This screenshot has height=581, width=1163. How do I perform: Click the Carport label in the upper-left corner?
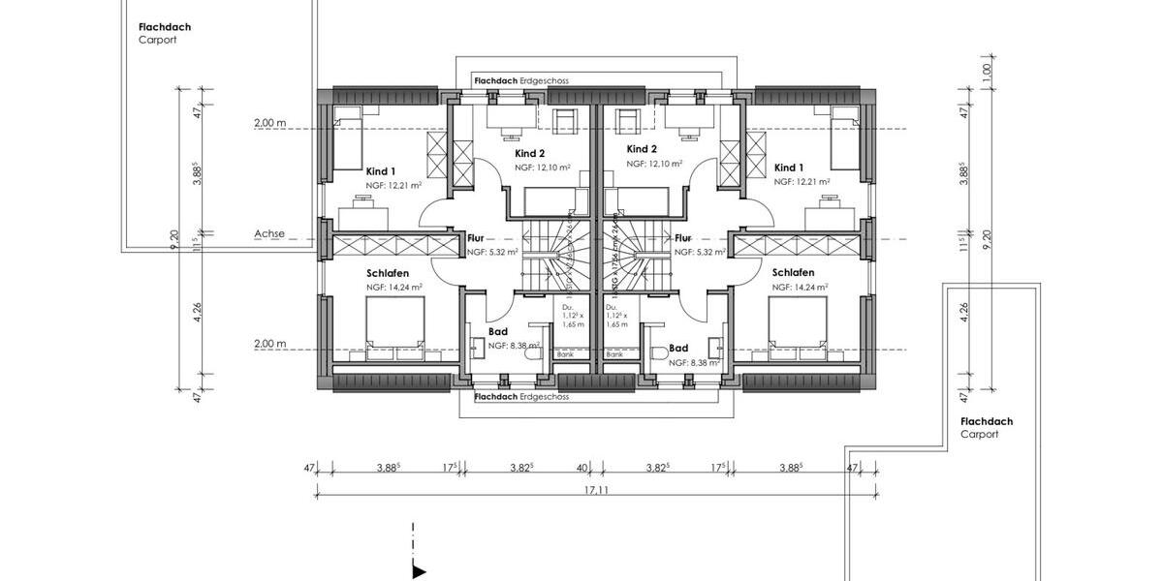tap(157, 41)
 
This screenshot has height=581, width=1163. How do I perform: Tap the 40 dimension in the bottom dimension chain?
tap(583, 468)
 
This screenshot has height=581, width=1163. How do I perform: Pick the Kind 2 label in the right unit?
tap(642, 149)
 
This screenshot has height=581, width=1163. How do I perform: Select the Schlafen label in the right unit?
tap(793, 273)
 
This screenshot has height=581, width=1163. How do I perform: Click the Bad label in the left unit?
tap(497, 330)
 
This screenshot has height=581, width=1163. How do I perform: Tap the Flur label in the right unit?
tap(683, 237)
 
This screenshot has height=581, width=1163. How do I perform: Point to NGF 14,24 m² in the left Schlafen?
tap(393, 288)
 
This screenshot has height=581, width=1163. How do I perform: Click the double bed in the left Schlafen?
tap(394, 321)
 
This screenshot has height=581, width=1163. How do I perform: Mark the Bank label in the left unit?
tap(565, 355)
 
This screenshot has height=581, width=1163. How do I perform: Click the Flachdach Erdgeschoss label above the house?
tap(520, 81)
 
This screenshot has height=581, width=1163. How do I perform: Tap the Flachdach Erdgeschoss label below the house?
tap(520, 397)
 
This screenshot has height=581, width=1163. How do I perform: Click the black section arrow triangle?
tap(419, 572)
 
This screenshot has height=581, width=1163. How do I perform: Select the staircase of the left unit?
tap(550, 259)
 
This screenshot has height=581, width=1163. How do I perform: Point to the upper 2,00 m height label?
tap(269, 124)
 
